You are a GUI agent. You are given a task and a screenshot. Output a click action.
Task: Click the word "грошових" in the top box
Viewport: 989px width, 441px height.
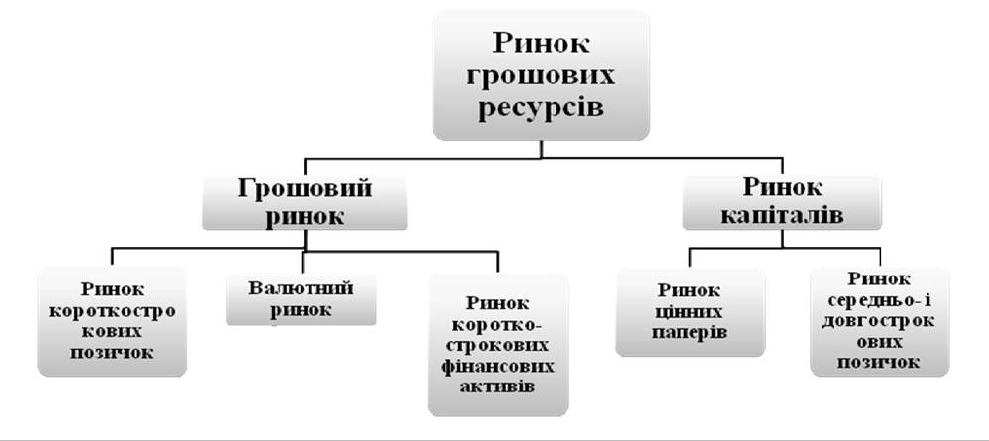coord(541,76)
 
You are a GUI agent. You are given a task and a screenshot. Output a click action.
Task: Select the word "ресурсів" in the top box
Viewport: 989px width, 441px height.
coord(542,108)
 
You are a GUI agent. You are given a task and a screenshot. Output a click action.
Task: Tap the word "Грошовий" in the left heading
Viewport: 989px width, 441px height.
coord(305,187)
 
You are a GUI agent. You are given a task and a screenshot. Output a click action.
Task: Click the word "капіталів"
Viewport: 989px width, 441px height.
coord(782,215)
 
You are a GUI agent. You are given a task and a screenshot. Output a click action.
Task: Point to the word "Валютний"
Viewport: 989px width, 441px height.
coord(301,288)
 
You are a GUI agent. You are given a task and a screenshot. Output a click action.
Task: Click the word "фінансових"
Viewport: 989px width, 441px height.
coord(498,367)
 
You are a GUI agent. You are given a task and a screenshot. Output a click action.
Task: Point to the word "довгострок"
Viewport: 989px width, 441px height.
coord(880,321)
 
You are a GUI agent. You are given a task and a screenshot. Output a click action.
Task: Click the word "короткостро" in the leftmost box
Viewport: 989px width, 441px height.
coord(112,311)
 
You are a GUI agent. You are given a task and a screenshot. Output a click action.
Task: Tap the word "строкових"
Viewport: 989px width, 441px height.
coord(498,346)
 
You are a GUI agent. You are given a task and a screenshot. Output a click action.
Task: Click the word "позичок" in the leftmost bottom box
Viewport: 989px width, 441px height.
coord(112,352)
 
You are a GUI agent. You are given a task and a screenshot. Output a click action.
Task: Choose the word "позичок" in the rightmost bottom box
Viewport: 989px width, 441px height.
coord(880,363)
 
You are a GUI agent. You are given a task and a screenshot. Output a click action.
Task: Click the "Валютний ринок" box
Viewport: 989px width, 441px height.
coord(301,298)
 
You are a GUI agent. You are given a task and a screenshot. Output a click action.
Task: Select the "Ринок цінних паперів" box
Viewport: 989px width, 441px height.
coord(690,312)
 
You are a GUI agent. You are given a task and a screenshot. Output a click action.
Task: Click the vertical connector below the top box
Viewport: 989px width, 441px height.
coord(542,149)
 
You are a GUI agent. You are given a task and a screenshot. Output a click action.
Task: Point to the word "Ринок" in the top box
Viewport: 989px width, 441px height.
coord(542,44)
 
